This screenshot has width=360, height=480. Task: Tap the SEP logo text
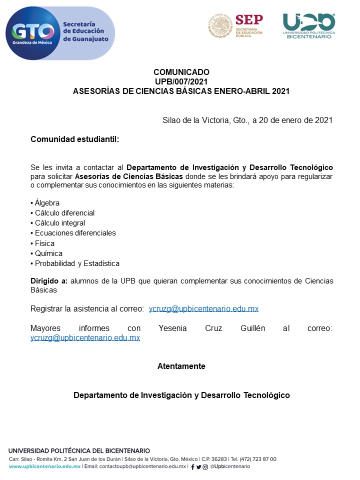coord(248,20)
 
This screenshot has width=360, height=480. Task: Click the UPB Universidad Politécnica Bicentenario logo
coord(308,25)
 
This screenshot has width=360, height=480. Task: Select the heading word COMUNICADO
coord(181,72)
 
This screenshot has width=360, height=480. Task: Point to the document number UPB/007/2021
coord(181,81)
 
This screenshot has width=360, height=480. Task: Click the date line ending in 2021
coord(247,120)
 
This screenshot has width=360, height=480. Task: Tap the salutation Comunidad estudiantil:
coord(75,139)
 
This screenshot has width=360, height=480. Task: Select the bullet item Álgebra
coord(47,203)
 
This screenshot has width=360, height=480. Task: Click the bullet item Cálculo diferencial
coord(64,213)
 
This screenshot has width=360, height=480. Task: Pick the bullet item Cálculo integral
coord(60,223)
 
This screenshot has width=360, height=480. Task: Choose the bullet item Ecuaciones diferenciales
coord(75,233)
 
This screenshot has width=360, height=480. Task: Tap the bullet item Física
coord(44,243)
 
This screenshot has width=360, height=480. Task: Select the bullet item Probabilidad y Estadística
coord(77,263)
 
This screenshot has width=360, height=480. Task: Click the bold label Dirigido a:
coord(49,281)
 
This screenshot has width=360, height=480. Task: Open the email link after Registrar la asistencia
coord(203,308)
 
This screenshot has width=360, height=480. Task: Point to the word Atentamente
coord(181,366)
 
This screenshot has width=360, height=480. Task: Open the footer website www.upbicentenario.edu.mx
coord(44,466)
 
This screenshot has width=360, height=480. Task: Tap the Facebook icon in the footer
coord(193,467)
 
